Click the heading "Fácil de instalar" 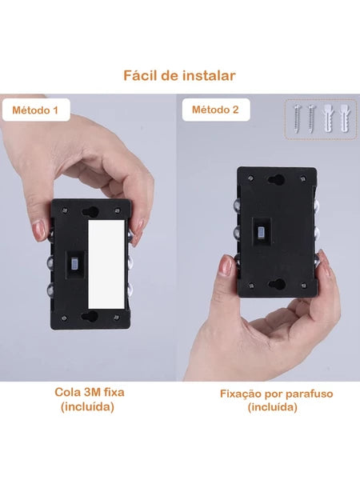(179, 76)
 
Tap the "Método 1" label (35, 110)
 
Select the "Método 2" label (215, 110)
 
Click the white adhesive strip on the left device (106, 264)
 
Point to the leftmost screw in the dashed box (296, 118)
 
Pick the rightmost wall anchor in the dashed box (344, 118)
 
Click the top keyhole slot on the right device (276, 179)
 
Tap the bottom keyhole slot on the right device (277, 284)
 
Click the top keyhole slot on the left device (90, 212)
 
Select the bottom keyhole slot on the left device (90, 316)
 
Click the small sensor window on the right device (262, 233)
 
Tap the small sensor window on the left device (74, 263)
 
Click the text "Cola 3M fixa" (90, 392)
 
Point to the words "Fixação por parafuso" (277, 394)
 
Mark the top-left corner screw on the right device (251, 178)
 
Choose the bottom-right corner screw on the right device (303, 286)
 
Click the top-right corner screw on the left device (118, 210)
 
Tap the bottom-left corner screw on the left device (64, 318)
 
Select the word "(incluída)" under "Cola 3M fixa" (87, 407)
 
